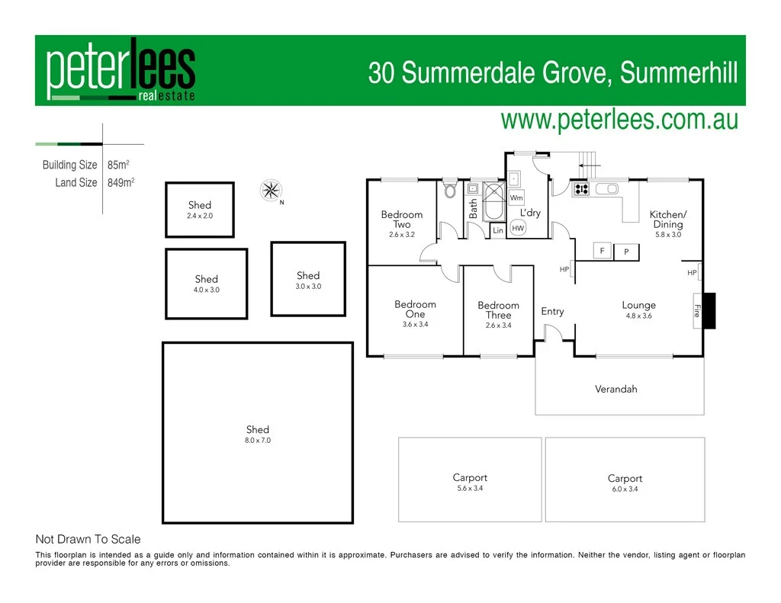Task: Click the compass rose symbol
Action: pyautogui.click(x=270, y=190)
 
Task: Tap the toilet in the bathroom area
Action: pyautogui.click(x=450, y=188)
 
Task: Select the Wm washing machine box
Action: pyautogui.click(x=516, y=197)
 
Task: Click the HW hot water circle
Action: pyautogui.click(x=518, y=228)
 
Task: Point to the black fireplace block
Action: pyautogui.click(x=709, y=310)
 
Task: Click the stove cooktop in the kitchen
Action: pyautogui.click(x=581, y=189)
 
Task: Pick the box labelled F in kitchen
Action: pyautogui.click(x=603, y=251)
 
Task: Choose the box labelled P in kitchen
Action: pyautogui.click(x=626, y=251)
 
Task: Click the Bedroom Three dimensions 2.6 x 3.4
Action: pyautogui.click(x=498, y=326)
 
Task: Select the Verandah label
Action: pyautogui.click(x=615, y=389)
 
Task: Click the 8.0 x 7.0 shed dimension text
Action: pyautogui.click(x=258, y=441)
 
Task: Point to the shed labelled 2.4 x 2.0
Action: pyautogui.click(x=200, y=210)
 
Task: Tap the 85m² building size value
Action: pyautogui.click(x=118, y=165)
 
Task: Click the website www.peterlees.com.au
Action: pyautogui.click(x=619, y=120)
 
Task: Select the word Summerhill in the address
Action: pyautogui.click(x=679, y=73)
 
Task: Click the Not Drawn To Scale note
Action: pyautogui.click(x=88, y=539)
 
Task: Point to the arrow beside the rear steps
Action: pyautogui.click(x=591, y=165)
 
